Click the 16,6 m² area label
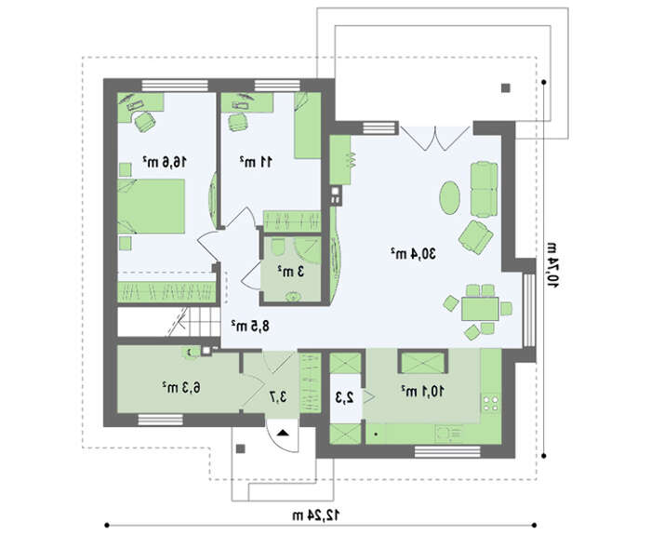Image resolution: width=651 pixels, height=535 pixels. (x=165, y=162)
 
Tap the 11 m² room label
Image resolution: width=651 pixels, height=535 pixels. (x=256, y=162)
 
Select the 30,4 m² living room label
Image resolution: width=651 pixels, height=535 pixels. (x=414, y=253)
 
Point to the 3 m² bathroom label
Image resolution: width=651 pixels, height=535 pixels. (x=290, y=272)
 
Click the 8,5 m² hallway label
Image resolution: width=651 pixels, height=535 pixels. (x=250, y=326)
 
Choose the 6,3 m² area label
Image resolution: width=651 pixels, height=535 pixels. (x=181, y=388)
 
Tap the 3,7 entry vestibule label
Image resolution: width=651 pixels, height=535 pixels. (x=277, y=397)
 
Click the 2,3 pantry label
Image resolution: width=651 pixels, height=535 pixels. (x=345, y=398)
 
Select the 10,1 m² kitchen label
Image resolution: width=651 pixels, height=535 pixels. (x=422, y=391)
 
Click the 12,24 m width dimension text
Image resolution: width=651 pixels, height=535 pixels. (x=315, y=515)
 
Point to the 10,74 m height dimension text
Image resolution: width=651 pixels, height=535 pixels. (x=552, y=264)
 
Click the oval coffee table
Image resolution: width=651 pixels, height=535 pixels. (x=450, y=197)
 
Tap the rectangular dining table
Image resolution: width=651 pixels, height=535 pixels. (x=481, y=309)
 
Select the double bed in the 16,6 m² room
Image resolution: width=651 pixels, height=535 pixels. (x=151, y=206)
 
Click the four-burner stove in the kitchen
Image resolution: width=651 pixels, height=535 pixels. (x=491, y=403)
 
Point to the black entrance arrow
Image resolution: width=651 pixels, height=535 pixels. (x=283, y=433)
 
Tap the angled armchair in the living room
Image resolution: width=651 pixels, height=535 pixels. (x=476, y=237)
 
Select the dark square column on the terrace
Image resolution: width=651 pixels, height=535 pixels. (x=505, y=87)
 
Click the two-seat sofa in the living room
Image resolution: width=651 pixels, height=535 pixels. (x=485, y=190)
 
